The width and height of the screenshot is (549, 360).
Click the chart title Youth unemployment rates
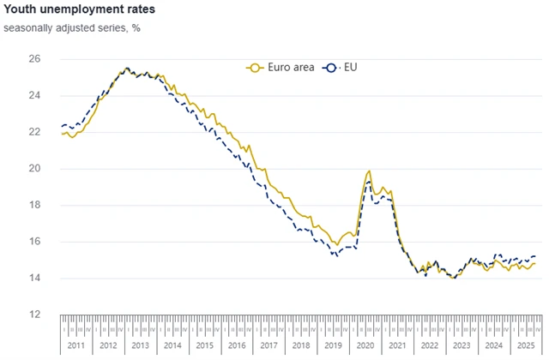pos(79,11)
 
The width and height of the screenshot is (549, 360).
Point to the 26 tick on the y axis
pos(34,59)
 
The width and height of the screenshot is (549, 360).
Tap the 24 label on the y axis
pos(34,96)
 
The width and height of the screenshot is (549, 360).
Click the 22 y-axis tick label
pos(34,132)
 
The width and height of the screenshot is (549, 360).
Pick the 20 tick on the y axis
pos(34,169)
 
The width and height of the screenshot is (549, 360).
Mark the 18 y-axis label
pos(34,205)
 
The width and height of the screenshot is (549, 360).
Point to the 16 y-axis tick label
pos(34,242)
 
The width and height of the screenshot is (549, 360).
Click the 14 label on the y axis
pos(34,279)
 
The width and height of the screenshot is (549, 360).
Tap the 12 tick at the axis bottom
pos(34,315)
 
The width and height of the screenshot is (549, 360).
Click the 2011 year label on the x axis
pos(76,345)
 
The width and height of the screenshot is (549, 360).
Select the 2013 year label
pos(140,345)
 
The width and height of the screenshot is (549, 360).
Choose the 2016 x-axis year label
pos(236,345)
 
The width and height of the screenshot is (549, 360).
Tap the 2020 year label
pos(365,345)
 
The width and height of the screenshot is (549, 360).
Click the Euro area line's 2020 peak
pos(369,171)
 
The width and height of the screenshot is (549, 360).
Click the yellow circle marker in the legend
pos(253,67)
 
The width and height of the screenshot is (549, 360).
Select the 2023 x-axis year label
pos(461,345)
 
